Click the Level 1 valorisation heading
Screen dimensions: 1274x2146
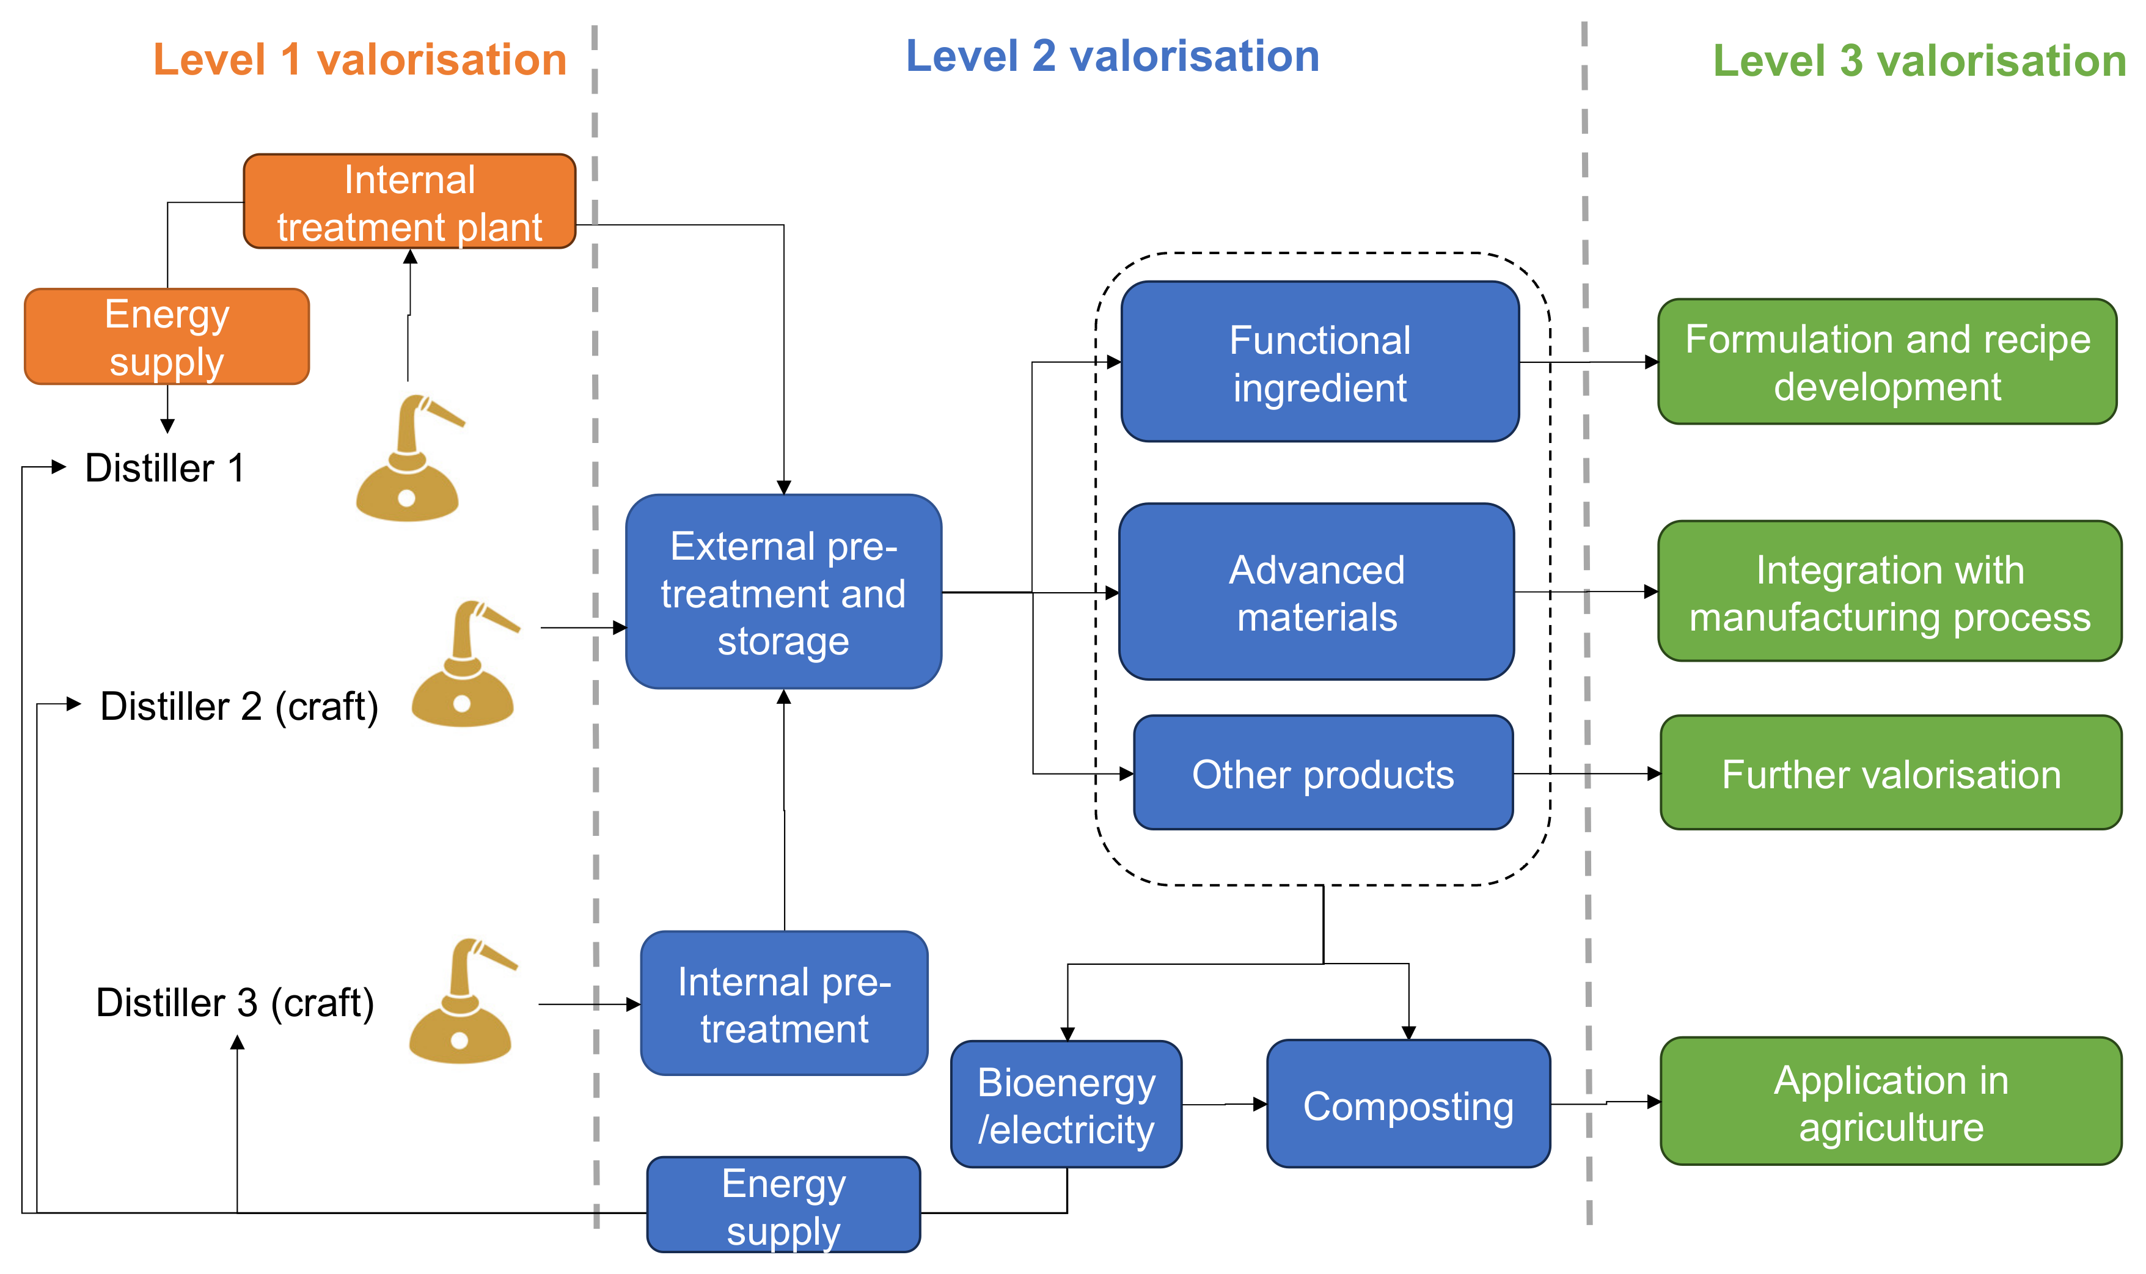[x=360, y=60]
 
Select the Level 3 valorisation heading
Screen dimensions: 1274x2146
[x=1919, y=61]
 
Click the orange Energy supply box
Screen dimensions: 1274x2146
[x=167, y=337]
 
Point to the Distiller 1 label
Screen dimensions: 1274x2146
[x=165, y=469]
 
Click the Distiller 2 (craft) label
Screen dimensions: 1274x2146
[x=239, y=706]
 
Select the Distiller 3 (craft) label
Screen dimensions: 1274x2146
[x=235, y=1003]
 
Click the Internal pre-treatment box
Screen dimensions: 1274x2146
[x=784, y=1003]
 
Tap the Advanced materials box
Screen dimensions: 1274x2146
[x=1316, y=592]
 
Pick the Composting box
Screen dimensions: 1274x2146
[x=1408, y=1105]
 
